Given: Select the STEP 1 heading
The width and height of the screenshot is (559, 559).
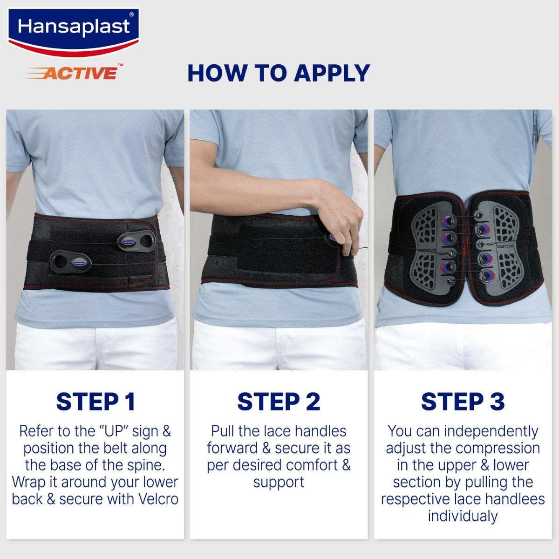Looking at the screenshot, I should pyautogui.click(x=95, y=402).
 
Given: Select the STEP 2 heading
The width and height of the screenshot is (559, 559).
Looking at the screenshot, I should pyautogui.click(x=279, y=402).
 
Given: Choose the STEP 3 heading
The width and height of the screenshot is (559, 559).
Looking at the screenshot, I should pyautogui.click(x=463, y=402).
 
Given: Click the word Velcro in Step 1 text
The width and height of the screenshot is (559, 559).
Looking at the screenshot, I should pyautogui.click(x=159, y=499).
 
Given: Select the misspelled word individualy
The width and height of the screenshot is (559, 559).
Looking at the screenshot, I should pyautogui.click(x=463, y=516).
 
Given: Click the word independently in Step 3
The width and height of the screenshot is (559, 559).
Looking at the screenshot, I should pyautogui.click(x=491, y=431).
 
